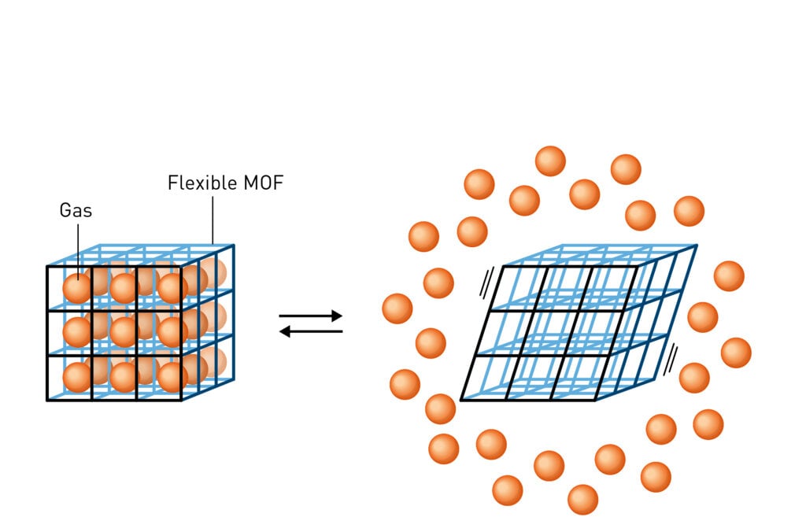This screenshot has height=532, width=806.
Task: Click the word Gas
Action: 75,211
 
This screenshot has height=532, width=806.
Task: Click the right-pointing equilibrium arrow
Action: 311,316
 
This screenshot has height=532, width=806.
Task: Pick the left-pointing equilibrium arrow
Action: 311,331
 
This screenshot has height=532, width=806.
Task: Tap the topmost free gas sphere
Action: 550,161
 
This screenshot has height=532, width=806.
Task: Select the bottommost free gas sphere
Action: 582,500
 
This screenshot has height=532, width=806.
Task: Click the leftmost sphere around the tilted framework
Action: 397,308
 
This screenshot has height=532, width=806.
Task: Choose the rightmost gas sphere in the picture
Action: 736,353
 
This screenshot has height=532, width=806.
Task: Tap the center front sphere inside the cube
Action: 123,332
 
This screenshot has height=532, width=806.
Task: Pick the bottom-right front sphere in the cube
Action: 172,377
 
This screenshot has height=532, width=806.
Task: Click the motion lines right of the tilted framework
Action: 671,359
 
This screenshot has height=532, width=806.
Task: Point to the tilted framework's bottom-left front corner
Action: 460,400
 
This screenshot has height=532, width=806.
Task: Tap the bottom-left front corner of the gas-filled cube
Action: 47,401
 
